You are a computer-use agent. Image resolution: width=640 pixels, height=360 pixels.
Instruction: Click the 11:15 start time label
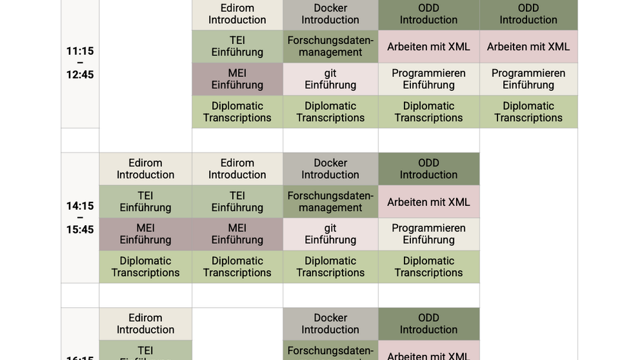pos(79,51)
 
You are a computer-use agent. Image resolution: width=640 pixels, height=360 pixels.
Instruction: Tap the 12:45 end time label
pos(79,75)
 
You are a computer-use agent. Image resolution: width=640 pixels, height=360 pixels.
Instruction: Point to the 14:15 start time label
pos(79,206)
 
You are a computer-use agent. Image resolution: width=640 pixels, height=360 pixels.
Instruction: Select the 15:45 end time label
pos(79,230)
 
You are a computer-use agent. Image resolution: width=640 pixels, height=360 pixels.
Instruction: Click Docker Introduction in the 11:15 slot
pos(330,14)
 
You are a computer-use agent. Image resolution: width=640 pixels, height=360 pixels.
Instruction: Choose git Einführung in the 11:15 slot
pos(330,79)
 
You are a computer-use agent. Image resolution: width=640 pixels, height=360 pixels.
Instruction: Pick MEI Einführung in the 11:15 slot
pos(237,79)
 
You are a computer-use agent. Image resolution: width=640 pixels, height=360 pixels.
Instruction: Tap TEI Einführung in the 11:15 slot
pos(237,46)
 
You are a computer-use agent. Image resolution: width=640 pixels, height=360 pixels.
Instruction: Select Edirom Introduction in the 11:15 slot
pos(237,14)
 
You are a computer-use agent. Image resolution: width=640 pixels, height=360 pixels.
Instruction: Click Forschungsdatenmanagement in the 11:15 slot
pos(330,46)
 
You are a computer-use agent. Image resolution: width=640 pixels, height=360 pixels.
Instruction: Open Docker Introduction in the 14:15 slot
pos(330,169)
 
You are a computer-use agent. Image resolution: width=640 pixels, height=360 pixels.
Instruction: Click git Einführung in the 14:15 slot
pos(330,234)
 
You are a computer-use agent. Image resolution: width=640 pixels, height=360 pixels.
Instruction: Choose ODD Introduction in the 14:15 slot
pos(428,169)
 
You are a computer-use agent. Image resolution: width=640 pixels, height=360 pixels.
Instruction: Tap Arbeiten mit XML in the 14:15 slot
pos(428,202)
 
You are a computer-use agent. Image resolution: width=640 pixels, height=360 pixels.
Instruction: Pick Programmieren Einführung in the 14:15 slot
pos(428,234)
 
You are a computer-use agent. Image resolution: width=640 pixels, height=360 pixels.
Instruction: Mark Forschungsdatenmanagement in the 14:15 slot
pos(330,202)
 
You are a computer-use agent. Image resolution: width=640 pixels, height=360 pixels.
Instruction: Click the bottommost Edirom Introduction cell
pos(145,324)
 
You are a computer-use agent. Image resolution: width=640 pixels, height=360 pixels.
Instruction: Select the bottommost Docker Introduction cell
pos(330,324)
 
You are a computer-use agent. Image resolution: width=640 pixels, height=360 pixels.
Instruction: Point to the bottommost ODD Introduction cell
pos(428,324)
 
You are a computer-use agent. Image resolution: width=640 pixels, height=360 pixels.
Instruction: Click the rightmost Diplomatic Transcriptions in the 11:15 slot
pos(528,112)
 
